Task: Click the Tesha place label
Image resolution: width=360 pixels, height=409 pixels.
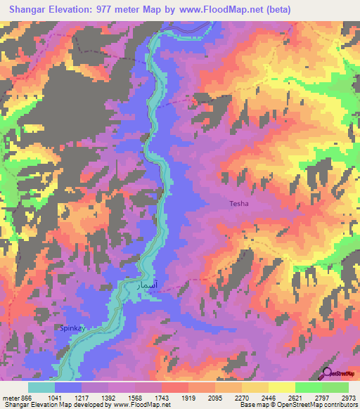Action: (x=239, y=204)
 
